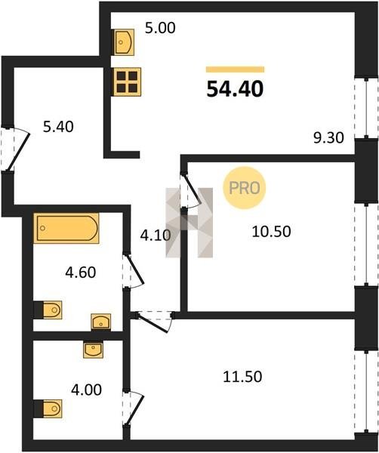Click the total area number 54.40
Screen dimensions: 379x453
235,89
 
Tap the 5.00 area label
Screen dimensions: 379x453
160,29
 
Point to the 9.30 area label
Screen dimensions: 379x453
328,138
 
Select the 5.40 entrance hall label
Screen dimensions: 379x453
58,127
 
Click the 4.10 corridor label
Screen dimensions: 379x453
155,236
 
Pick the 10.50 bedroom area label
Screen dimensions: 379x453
271,232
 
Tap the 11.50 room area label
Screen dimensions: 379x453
242,377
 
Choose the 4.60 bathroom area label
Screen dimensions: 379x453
81,273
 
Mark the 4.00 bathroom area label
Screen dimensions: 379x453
86,390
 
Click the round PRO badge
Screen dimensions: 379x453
244,188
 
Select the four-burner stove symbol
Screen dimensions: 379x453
127,82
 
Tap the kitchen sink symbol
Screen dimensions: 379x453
124,42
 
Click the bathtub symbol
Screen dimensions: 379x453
66,228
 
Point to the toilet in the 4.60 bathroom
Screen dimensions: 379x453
48,310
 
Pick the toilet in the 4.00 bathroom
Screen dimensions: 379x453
48,408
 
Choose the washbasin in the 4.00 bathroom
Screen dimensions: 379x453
93,350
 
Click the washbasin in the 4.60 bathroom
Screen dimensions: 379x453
101,322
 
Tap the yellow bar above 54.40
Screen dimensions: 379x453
235,69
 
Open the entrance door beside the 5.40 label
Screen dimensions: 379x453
18,152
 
